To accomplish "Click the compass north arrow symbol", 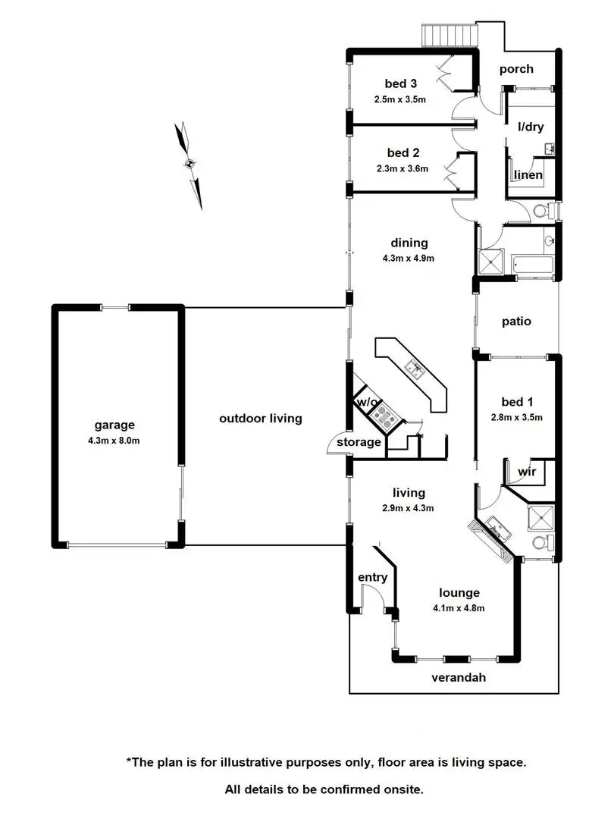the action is coord(190,164).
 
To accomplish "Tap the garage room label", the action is coord(114,425).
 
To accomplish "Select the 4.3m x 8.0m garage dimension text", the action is coord(114,441).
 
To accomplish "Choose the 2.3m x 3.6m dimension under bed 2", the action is coord(402,169).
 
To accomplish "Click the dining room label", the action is coord(409,243).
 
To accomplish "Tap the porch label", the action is coord(515,69).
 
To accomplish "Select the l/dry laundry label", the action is coord(531,127).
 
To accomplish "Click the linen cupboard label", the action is coord(528,176).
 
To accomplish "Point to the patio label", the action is coord(516,321).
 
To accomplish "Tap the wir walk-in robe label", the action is coord(527,472).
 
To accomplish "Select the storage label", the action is coord(359,442).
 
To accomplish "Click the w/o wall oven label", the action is coord(367,402).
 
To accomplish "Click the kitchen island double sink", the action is coord(415,369).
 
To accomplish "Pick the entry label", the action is coord(372,577).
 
